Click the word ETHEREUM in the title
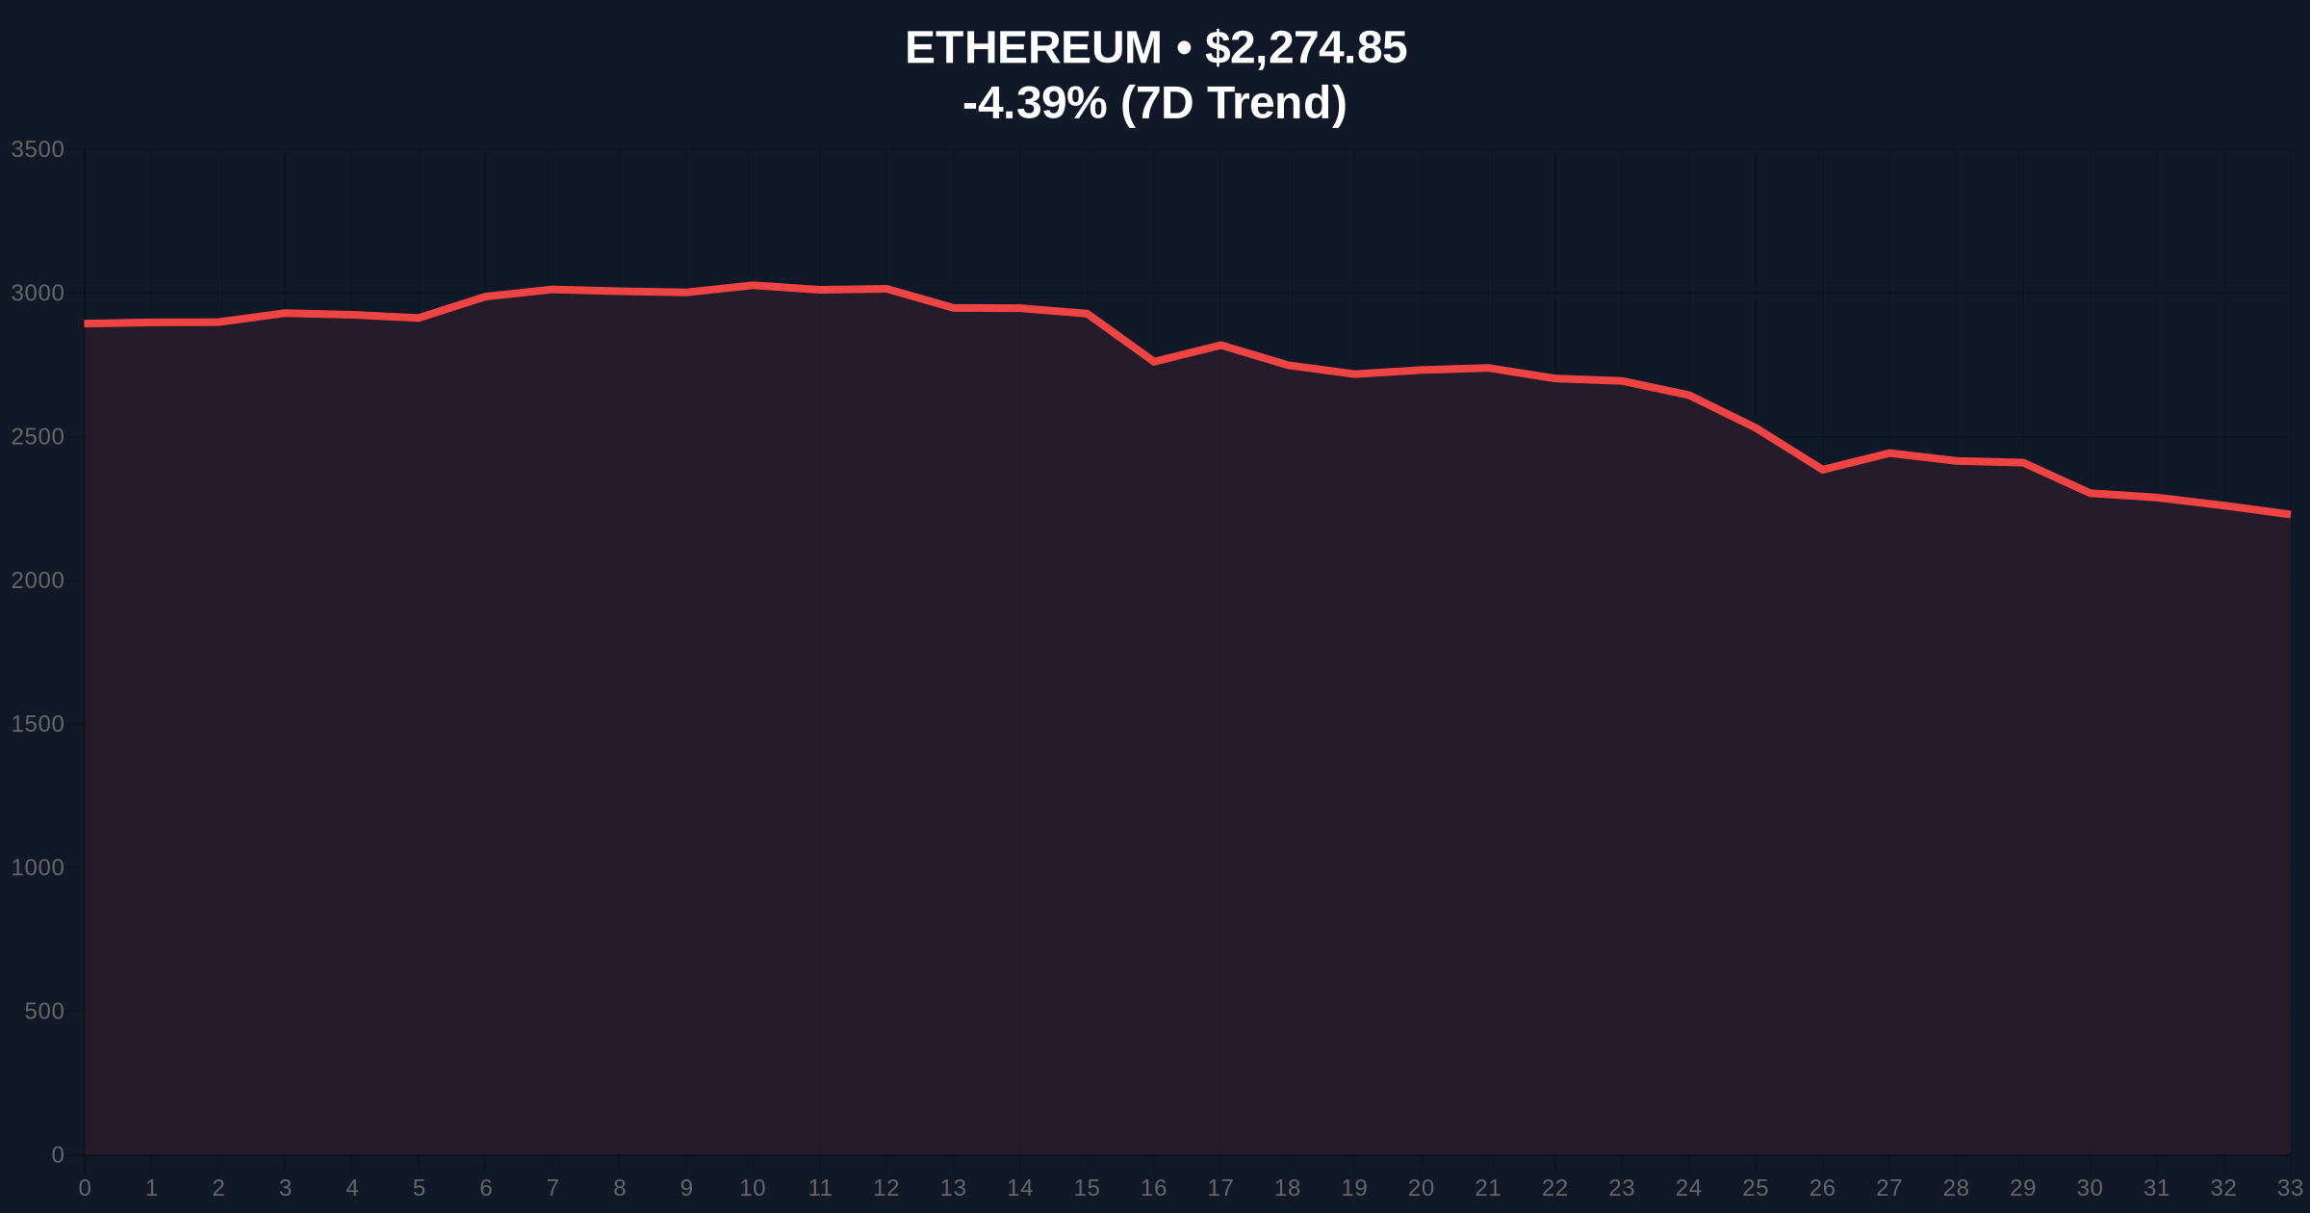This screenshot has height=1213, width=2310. pyautogui.click(x=1033, y=48)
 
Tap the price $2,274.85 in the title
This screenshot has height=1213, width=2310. pyautogui.click(x=1305, y=48)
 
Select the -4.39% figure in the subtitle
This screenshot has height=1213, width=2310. pyautogui.click(x=1034, y=103)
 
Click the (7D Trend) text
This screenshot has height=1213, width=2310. pyautogui.click(x=1233, y=103)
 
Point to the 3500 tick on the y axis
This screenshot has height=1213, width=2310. pyautogui.click(x=38, y=149)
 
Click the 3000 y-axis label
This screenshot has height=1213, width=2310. pyautogui.click(x=38, y=293)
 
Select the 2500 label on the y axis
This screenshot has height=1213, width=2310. pyautogui.click(x=38, y=437)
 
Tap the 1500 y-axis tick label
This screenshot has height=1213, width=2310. pyautogui.click(x=38, y=724)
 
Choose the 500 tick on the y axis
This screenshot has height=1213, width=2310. pyautogui.click(x=44, y=1011)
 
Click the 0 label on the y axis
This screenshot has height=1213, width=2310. pyautogui.click(x=58, y=1154)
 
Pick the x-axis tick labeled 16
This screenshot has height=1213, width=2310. pyautogui.click(x=1153, y=1188)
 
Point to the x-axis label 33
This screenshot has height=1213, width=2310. pyautogui.click(x=2290, y=1188)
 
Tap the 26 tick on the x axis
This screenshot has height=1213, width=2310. pyautogui.click(x=1822, y=1188)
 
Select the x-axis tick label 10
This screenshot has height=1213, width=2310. pyautogui.click(x=753, y=1188)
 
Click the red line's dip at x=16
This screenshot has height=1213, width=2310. pyautogui.click(x=1154, y=362)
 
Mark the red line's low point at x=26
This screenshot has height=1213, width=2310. pyautogui.click(x=1822, y=470)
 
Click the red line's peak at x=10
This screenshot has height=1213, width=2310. pyautogui.click(x=753, y=285)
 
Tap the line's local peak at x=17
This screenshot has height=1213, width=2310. pyautogui.click(x=1220, y=345)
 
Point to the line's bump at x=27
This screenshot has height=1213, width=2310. pyautogui.click(x=1889, y=452)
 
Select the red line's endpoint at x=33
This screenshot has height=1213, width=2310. pyautogui.click(x=2288, y=514)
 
